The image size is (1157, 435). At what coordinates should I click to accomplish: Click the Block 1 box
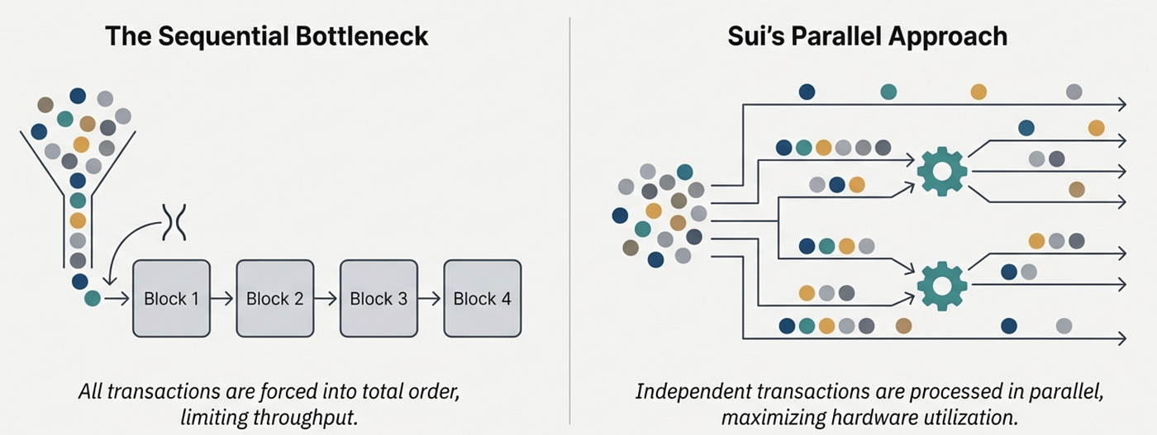coord(171,299)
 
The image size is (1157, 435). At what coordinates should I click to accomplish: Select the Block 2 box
coord(275,299)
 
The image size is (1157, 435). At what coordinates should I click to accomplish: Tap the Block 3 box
coord(379,299)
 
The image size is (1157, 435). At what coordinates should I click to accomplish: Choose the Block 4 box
coord(483,299)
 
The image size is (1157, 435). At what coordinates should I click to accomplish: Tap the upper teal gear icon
coord(942,171)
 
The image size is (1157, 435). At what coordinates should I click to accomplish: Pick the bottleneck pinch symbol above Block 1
coord(175,221)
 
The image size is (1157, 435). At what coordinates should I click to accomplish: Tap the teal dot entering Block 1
coord(93,299)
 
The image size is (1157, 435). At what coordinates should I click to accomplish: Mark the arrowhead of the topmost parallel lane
coord(1121,105)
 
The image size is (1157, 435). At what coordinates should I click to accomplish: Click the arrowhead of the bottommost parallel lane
coord(1121,338)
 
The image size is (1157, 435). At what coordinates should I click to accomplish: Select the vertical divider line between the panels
coord(570,215)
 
